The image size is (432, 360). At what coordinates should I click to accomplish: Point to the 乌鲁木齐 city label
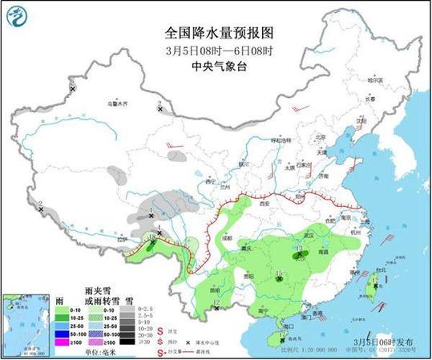click(118, 103)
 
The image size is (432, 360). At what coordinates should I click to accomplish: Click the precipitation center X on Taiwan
click(374, 283)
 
